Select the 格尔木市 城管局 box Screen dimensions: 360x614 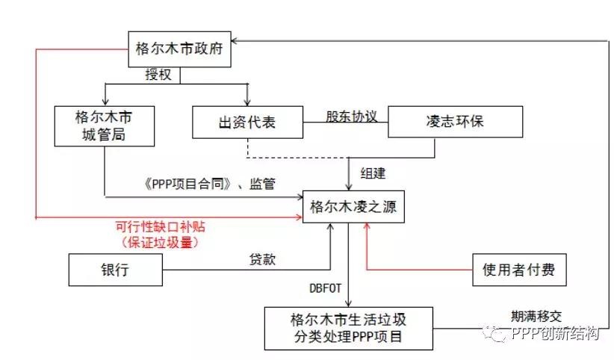[x=104, y=126]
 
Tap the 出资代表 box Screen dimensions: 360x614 [x=247, y=121]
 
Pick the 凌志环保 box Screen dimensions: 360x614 [x=455, y=121]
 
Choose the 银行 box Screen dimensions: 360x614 [x=115, y=270]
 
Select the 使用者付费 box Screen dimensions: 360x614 [x=519, y=269]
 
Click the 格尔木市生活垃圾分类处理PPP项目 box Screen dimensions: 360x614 [x=348, y=327]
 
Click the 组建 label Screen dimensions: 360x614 [x=373, y=173]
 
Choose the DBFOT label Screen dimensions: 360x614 [x=326, y=287]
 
